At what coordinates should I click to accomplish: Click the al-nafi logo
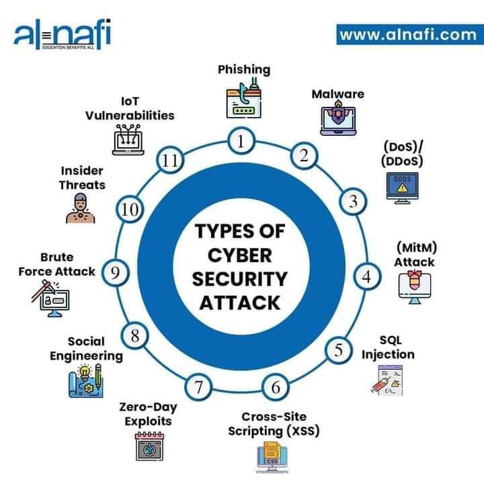coord(63,34)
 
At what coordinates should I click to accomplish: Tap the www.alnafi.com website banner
coord(410,34)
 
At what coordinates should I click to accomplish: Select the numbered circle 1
coord(241,141)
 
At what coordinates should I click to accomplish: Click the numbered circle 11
coord(170,160)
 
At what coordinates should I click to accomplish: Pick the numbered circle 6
coord(276,387)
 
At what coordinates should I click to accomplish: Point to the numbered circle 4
coord(367,276)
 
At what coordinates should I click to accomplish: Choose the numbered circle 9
coord(116,272)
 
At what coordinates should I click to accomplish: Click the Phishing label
coord(244,69)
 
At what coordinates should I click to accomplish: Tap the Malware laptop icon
coord(338,118)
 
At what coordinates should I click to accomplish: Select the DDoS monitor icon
coord(402,188)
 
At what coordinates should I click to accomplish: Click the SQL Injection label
coord(388,348)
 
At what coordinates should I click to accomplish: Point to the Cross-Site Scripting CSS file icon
coord(272,457)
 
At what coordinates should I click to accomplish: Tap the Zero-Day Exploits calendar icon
coord(150,446)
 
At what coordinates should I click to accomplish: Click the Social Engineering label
coord(87,349)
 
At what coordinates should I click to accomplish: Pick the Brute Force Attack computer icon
coord(50,298)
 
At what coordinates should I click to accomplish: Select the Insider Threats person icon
coord(81,208)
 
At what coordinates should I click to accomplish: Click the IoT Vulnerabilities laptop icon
coord(128,140)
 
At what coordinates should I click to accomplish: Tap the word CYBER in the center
coord(240,255)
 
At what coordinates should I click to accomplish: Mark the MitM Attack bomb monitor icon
coord(415,288)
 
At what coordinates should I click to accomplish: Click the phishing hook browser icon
coord(244,98)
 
